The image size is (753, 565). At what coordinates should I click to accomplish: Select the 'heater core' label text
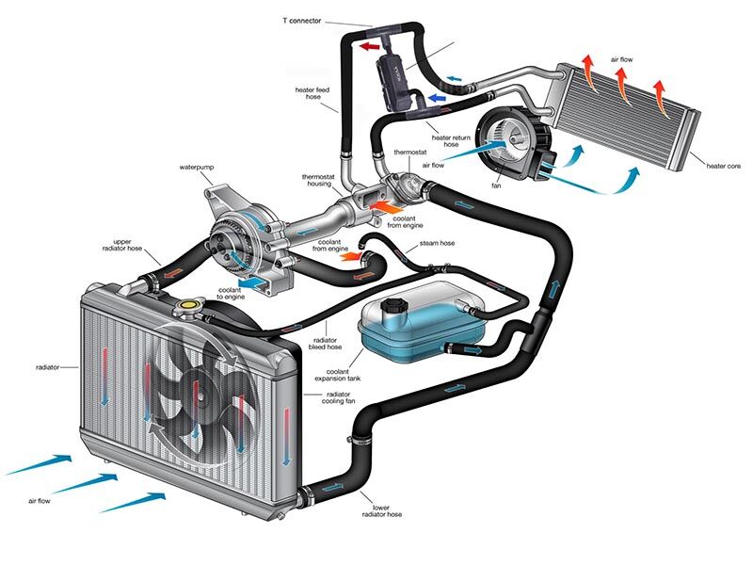click(723, 167)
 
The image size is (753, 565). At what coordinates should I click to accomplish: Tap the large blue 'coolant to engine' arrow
click(251, 281)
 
